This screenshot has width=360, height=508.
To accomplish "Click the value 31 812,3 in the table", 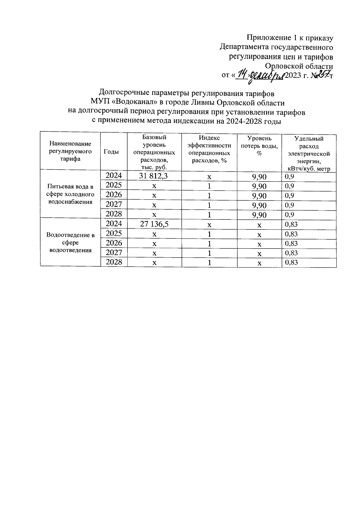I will (153, 176).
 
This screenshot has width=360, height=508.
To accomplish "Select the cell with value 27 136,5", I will (153, 224).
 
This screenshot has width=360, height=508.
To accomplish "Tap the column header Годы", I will (111, 152).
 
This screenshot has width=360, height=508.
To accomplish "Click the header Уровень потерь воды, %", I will (259, 145).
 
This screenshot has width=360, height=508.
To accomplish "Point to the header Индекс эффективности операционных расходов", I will (209, 149).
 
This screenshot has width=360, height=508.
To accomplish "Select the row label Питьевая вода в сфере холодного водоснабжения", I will (70, 194).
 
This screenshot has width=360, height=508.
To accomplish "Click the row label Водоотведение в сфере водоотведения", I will (70, 242).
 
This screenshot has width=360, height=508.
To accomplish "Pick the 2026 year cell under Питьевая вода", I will (114, 195).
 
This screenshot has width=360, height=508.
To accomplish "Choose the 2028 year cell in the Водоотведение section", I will (114, 262).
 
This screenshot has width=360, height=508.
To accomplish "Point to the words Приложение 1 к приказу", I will (290, 38).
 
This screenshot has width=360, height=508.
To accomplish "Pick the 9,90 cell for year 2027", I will (259, 205).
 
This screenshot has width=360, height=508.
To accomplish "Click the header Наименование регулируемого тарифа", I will (70, 151).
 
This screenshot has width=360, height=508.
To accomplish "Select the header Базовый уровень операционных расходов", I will (154, 152).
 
